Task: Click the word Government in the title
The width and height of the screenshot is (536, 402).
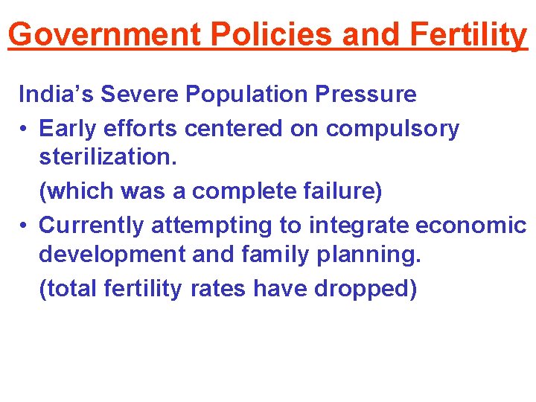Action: point(105,34)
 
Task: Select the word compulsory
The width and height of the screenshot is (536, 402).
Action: point(392,129)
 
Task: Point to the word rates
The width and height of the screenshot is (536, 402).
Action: point(219,288)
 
